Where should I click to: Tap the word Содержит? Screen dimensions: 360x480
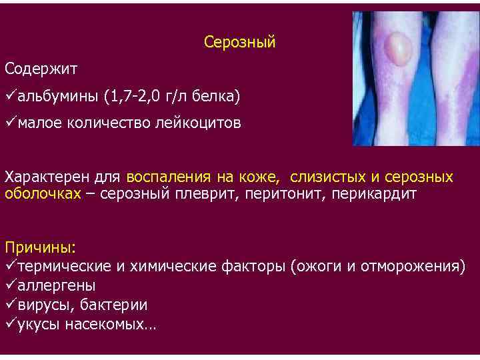41,69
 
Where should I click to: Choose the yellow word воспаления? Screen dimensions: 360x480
169,178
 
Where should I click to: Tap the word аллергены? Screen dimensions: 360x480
57,286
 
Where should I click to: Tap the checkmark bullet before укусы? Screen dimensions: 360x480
10,324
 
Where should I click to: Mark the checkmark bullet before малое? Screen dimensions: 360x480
10,123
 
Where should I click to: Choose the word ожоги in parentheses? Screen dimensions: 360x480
321,267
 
